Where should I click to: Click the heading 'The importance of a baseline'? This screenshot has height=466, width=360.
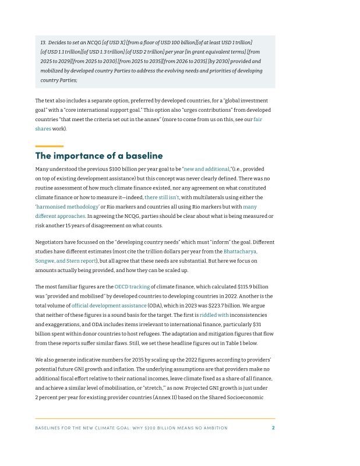click(99, 156)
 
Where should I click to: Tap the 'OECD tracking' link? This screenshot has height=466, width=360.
click(132, 287)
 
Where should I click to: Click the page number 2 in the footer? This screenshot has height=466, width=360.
click(273, 428)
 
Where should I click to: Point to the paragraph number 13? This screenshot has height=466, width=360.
click(43, 43)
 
